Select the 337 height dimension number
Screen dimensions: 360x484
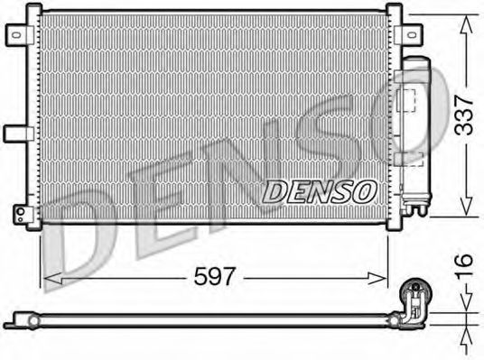click(464, 114)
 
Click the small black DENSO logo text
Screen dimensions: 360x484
click(319, 190)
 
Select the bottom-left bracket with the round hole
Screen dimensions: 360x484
click(19, 213)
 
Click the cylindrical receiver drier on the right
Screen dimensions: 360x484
click(416, 135)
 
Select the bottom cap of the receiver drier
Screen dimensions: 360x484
click(415, 211)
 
